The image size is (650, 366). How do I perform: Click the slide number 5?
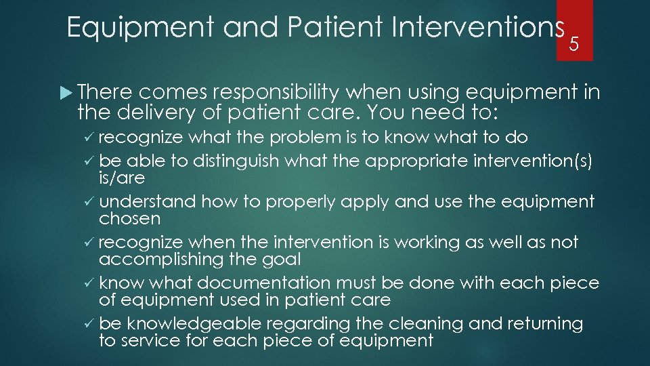574,44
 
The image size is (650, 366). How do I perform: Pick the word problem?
306,138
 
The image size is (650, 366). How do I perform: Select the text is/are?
122,178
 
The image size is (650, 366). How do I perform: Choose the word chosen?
129,219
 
